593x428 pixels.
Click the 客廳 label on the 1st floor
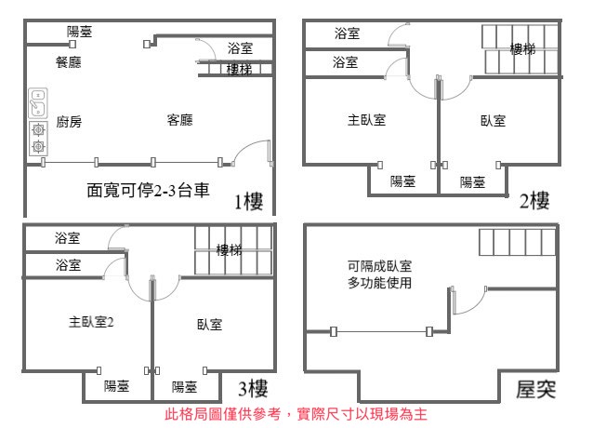(x=180, y=120)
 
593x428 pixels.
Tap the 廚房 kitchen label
(x=69, y=122)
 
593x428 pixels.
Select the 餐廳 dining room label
(x=69, y=62)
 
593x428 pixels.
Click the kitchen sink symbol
(x=38, y=103)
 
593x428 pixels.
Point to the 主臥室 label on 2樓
(x=366, y=120)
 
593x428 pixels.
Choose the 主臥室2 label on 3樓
(x=91, y=322)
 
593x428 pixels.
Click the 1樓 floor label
(x=248, y=201)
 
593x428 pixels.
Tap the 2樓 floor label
(x=534, y=200)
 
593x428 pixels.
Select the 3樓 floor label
(x=253, y=388)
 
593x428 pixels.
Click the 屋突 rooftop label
(x=536, y=390)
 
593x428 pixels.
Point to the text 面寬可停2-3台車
(x=148, y=190)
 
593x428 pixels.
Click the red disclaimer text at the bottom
(x=296, y=414)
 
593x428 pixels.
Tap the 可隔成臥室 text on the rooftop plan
(x=380, y=266)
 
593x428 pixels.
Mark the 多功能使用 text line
(x=380, y=283)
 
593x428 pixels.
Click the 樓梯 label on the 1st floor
(x=239, y=69)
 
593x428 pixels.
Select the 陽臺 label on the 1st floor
(x=79, y=32)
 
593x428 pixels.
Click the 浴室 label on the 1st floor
(x=240, y=48)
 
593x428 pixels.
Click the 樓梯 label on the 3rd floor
(x=229, y=250)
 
